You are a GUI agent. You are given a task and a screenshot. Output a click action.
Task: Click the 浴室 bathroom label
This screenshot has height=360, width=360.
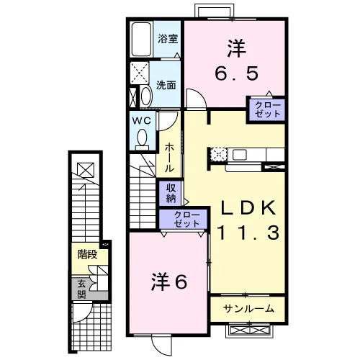click(x=168, y=39)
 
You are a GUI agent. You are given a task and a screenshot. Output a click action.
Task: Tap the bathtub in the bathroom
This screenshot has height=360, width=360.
click(x=141, y=40)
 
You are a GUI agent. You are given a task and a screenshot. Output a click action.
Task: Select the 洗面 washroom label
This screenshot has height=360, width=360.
click(x=166, y=85)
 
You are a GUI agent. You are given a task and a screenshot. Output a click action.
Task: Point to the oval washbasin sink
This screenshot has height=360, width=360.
click(x=146, y=96)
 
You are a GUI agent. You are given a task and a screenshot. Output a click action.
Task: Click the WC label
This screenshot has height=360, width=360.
click(x=142, y=120)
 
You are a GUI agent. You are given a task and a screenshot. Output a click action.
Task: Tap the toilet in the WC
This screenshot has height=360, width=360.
click(x=142, y=139)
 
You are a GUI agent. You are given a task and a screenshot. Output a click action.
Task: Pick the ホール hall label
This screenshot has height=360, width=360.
click(x=169, y=158)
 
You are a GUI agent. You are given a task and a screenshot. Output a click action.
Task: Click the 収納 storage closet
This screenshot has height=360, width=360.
click(x=170, y=193)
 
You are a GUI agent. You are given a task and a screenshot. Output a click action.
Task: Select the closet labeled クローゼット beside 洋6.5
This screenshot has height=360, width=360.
click(x=267, y=109)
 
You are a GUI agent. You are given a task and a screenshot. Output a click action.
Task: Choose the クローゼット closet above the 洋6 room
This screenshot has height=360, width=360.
click(x=183, y=219)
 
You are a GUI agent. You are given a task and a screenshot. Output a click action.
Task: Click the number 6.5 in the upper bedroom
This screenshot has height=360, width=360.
click(x=237, y=73)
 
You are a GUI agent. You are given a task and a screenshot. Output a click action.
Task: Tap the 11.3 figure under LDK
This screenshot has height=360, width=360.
click(x=248, y=233)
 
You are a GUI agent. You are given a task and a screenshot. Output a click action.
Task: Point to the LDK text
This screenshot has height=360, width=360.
click(x=248, y=207)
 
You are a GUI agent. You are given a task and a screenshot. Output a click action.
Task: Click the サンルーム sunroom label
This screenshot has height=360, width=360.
click(x=248, y=309)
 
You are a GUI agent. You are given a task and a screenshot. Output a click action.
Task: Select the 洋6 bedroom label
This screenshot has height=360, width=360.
click(x=169, y=282)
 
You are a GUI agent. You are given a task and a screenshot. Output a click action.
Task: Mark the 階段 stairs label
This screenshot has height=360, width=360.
click(x=87, y=254)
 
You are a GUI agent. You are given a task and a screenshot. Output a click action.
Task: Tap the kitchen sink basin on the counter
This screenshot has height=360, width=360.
click(x=240, y=155)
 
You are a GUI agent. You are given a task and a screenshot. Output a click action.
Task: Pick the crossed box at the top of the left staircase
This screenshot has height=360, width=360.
click(x=86, y=169)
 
